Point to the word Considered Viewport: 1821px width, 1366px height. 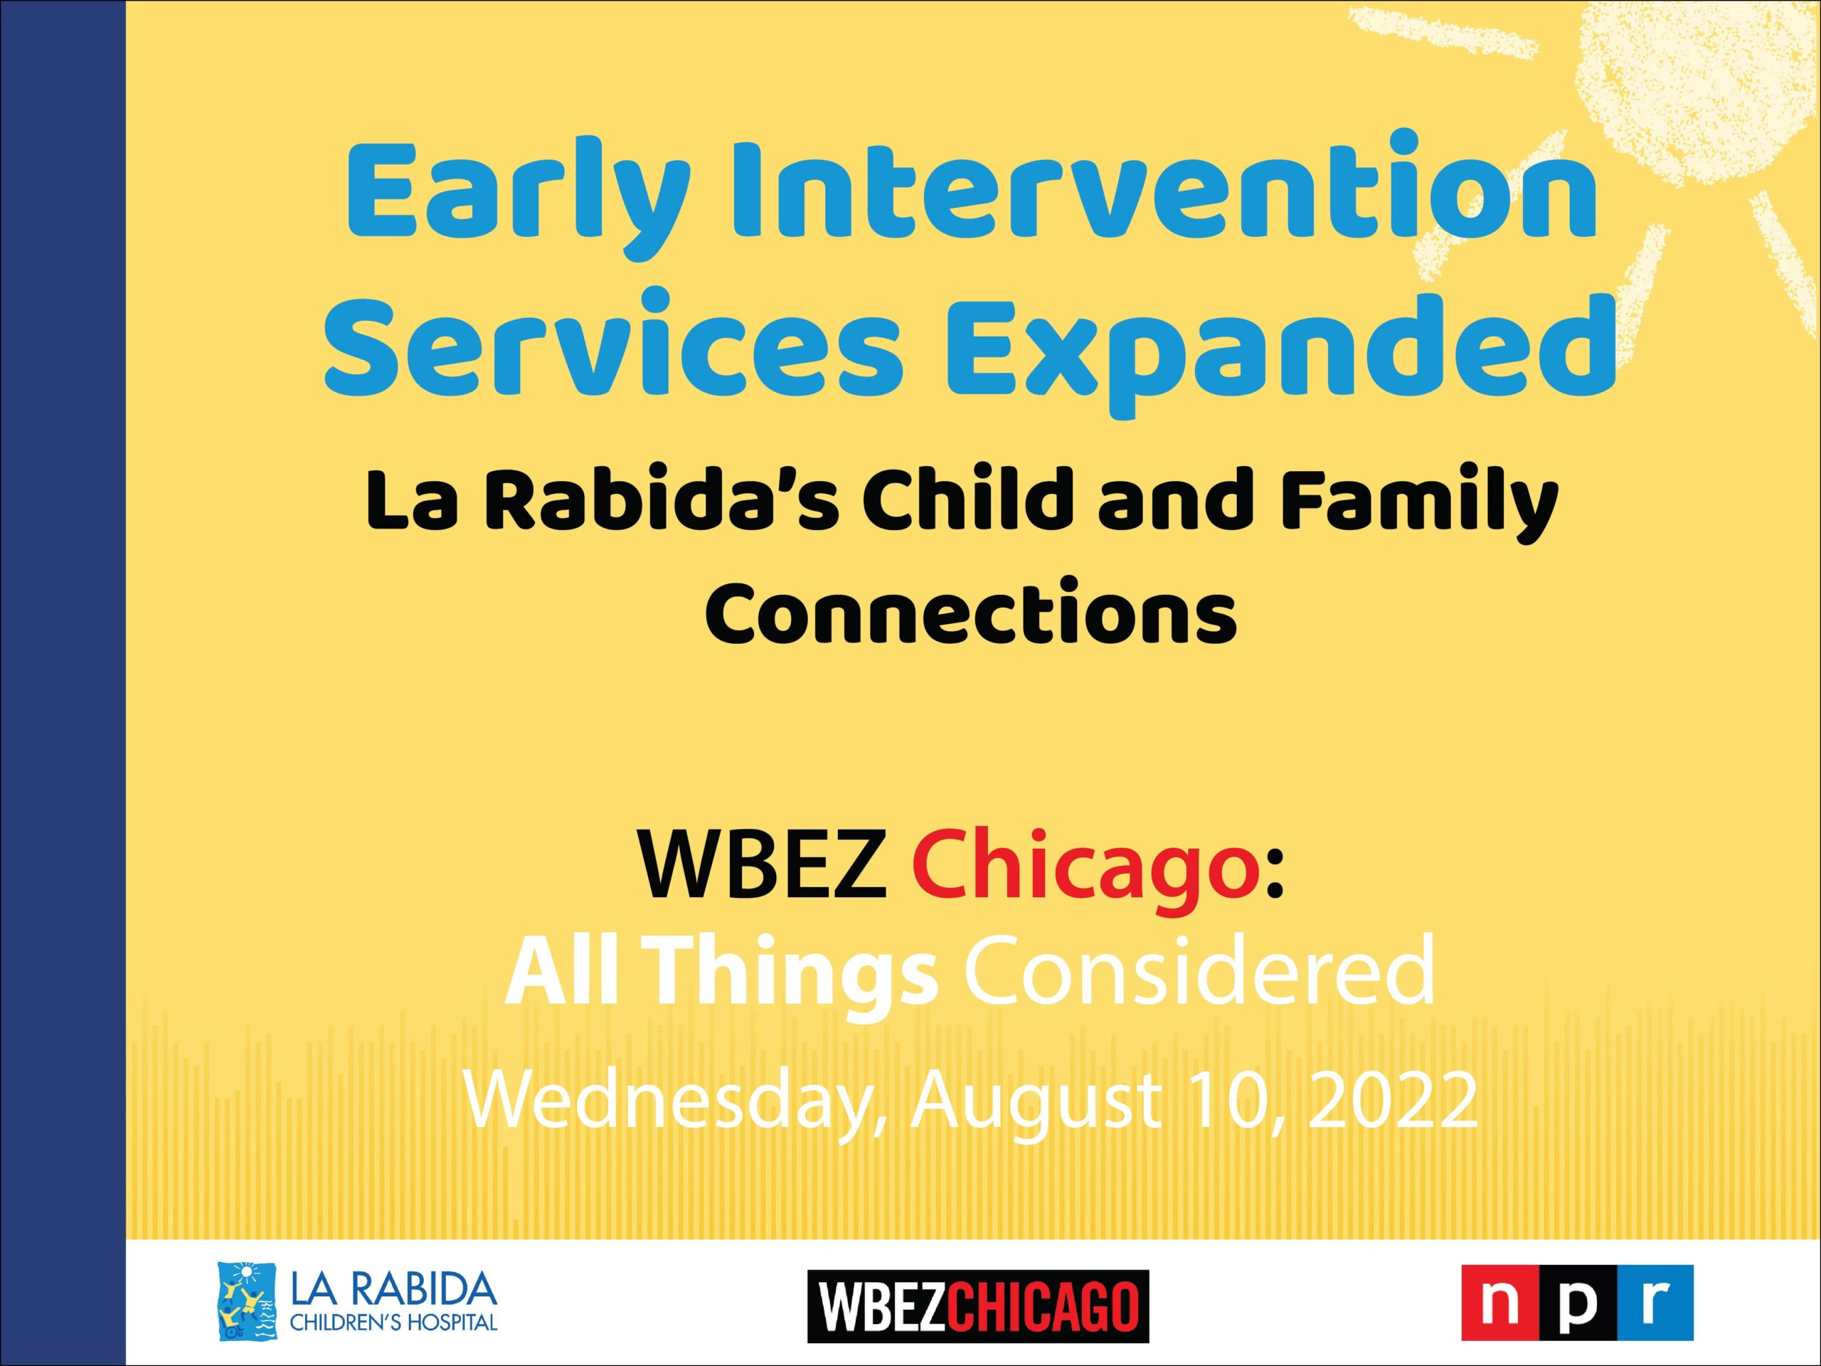coord(1200,973)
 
